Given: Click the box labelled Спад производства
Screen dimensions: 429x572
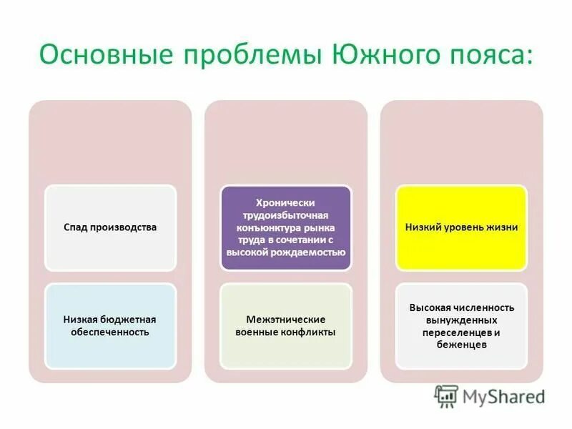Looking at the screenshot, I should pyautogui.click(x=109, y=227).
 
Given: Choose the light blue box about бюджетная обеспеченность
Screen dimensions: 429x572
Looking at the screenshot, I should pyautogui.click(x=109, y=326).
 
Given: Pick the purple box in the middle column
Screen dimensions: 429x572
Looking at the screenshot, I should pyautogui.click(x=285, y=227).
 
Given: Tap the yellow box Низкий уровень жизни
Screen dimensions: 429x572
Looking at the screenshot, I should pyautogui.click(x=461, y=227).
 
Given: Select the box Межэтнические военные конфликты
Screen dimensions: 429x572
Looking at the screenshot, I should pyautogui.click(x=285, y=326).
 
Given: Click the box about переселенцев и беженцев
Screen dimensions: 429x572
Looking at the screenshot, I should pyautogui.click(x=461, y=326).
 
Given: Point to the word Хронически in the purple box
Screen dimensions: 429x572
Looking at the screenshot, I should pyautogui.click(x=285, y=203).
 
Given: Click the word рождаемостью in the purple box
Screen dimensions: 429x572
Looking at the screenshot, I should pyautogui.click(x=315, y=252).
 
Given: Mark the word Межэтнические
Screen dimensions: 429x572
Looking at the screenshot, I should pyautogui.click(x=285, y=320).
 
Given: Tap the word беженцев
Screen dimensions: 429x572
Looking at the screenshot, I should pyautogui.click(x=461, y=345).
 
